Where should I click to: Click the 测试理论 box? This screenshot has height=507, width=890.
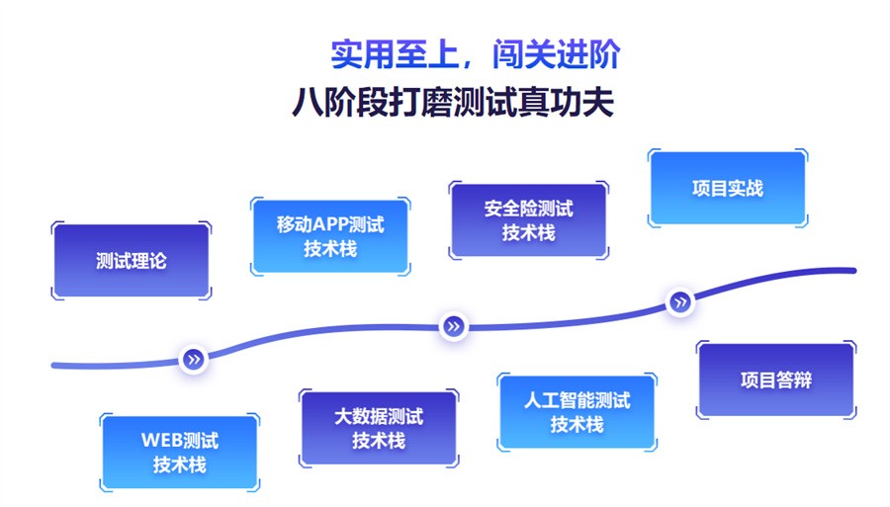(x=131, y=261)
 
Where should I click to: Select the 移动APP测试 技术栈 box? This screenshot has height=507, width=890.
(x=330, y=236)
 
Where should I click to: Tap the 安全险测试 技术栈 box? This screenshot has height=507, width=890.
(x=528, y=220)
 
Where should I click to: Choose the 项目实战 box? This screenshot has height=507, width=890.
(x=727, y=188)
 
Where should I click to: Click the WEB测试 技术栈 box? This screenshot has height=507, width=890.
(x=179, y=452)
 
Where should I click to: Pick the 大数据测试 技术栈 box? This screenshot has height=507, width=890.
(x=378, y=428)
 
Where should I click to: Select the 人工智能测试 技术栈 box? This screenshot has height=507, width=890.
(x=577, y=412)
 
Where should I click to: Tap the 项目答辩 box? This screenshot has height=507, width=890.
(x=776, y=380)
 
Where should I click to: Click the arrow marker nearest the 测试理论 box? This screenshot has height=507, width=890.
(x=194, y=359)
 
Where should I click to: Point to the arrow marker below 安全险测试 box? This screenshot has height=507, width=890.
(x=453, y=325)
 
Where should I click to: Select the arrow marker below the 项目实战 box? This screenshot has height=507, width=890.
(x=680, y=302)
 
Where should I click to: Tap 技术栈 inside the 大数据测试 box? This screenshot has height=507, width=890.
(x=378, y=441)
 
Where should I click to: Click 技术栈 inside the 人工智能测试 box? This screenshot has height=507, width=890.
(x=577, y=425)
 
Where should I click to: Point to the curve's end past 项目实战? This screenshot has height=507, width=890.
(x=850, y=270)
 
